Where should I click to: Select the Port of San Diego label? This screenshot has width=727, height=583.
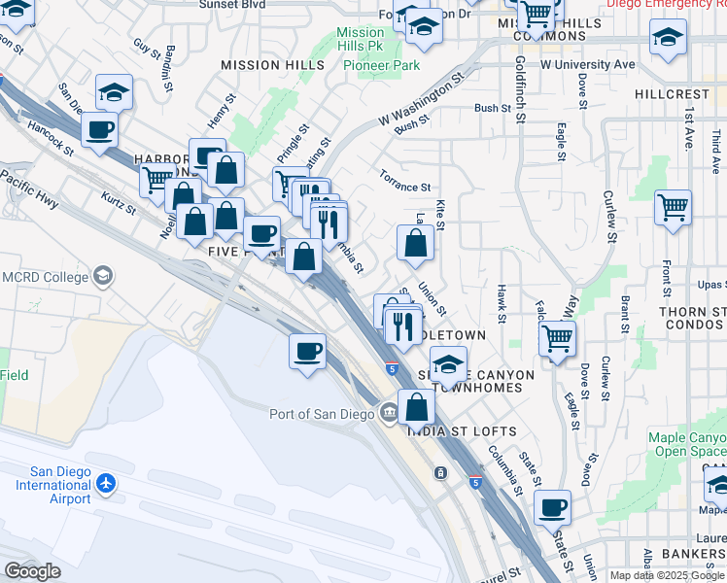[322, 414]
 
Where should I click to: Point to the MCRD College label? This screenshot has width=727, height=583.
[46, 277]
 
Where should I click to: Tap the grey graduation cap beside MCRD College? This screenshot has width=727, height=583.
[101, 277]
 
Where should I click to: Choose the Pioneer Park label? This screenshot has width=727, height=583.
[380, 65]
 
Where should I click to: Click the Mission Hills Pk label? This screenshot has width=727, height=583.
[361, 40]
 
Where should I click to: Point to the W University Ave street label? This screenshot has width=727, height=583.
[587, 65]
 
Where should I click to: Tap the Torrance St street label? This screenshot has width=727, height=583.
[404, 186]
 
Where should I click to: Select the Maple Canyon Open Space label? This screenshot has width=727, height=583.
[686, 444]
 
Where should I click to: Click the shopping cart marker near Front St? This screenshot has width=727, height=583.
[673, 209]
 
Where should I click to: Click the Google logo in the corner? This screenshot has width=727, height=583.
[33, 570]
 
